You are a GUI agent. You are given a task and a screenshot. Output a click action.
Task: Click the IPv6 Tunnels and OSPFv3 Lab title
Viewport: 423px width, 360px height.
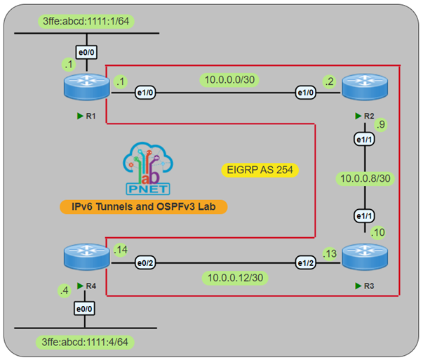[145, 207]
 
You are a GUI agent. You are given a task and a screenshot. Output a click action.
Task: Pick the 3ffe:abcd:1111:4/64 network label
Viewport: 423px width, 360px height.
[86, 342]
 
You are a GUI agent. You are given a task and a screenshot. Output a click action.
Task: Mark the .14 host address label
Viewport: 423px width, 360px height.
[120, 250]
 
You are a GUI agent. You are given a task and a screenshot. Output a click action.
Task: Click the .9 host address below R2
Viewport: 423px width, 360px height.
[380, 126]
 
